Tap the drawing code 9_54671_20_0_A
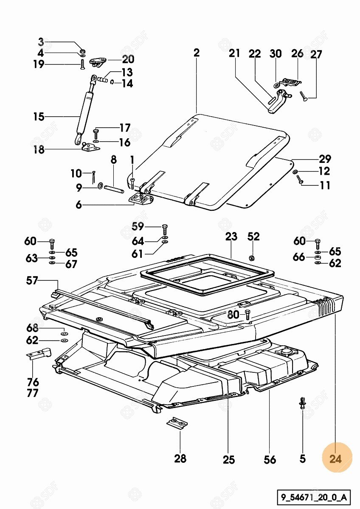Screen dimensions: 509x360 click(314, 497)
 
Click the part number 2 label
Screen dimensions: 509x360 click(196, 53)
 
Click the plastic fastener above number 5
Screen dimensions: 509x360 click(302, 403)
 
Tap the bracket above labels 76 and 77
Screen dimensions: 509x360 click(39, 354)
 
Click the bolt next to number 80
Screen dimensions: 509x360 click(248, 314)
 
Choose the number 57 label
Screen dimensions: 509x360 click(32, 280)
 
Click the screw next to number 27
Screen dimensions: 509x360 click(304, 95)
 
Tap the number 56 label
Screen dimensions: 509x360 click(270, 459)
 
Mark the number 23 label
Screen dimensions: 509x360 click(231, 237)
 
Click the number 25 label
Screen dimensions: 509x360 click(228, 459)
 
